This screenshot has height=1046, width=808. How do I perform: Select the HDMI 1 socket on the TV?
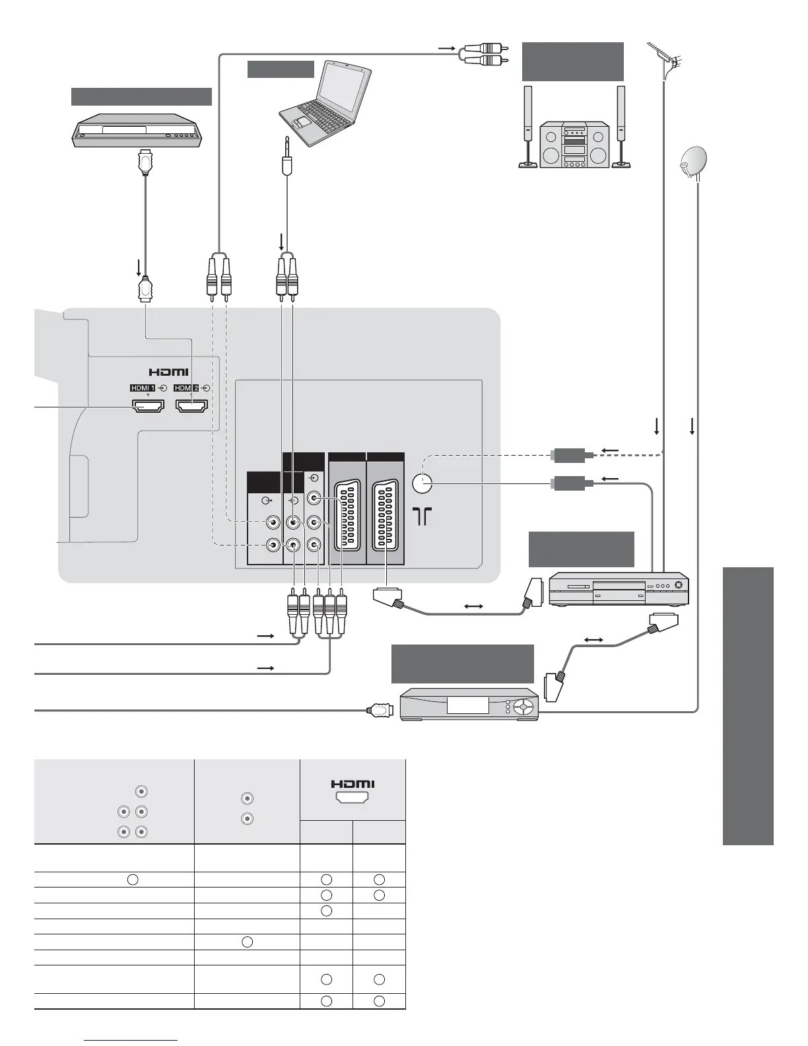[148, 407]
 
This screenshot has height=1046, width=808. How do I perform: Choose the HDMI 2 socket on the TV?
[192, 407]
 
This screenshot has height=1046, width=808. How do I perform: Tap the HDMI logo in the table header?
[353, 784]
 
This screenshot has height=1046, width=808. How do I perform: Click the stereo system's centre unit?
[574, 144]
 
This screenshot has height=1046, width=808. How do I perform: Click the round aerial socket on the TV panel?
[421, 484]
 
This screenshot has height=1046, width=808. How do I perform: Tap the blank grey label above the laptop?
[281, 69]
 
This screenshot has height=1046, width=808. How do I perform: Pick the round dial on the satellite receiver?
[522, 705]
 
